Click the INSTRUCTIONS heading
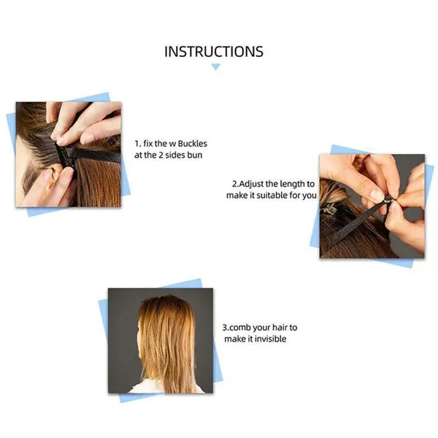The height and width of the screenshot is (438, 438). [214, 52]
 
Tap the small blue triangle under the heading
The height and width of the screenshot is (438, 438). [215, 66]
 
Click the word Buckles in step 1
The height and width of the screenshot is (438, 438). [193, 144]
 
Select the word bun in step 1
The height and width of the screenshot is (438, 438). [195, 155]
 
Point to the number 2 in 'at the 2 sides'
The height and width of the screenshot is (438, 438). [161, 155]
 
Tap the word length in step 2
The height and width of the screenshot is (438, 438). [293, 184]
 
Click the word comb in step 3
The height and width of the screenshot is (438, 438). [240, 327]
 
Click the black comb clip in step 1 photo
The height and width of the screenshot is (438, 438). [66, 155]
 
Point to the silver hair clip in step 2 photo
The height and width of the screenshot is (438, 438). [328, 208]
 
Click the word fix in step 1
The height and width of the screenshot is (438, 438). [148, 144]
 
